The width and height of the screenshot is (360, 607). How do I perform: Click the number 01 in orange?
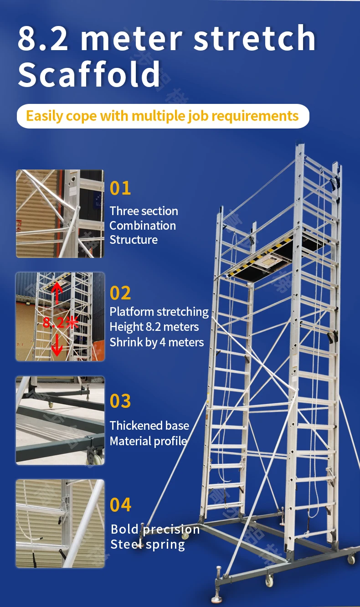tap(120, 188)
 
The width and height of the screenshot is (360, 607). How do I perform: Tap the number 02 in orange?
tap(120, 293)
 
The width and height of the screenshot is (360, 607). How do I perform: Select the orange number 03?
tap(120, 401)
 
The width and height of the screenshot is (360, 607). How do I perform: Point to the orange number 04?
tap(120, 505)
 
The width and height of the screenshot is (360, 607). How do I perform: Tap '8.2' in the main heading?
tap(43, 38)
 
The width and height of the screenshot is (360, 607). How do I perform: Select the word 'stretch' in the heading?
tap(254, 38)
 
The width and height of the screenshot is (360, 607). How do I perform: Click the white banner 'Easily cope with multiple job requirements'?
tap(163, 116)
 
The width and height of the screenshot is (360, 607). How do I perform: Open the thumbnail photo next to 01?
tap(60, 214)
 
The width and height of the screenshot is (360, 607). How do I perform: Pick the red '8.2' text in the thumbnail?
tap(53, 323)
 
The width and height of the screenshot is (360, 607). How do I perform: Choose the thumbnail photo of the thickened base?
tap(60, 420)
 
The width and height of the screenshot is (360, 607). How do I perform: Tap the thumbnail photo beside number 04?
tap(60, 523)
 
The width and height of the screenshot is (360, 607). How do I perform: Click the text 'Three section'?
tap(144, 211)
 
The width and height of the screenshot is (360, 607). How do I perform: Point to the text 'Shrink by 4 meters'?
tap(156, 342)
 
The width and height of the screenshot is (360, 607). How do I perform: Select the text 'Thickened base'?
tap(149, 426)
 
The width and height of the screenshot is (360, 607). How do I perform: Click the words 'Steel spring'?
tap(148, 545)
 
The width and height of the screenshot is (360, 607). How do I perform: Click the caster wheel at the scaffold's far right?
tap(351, 558)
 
